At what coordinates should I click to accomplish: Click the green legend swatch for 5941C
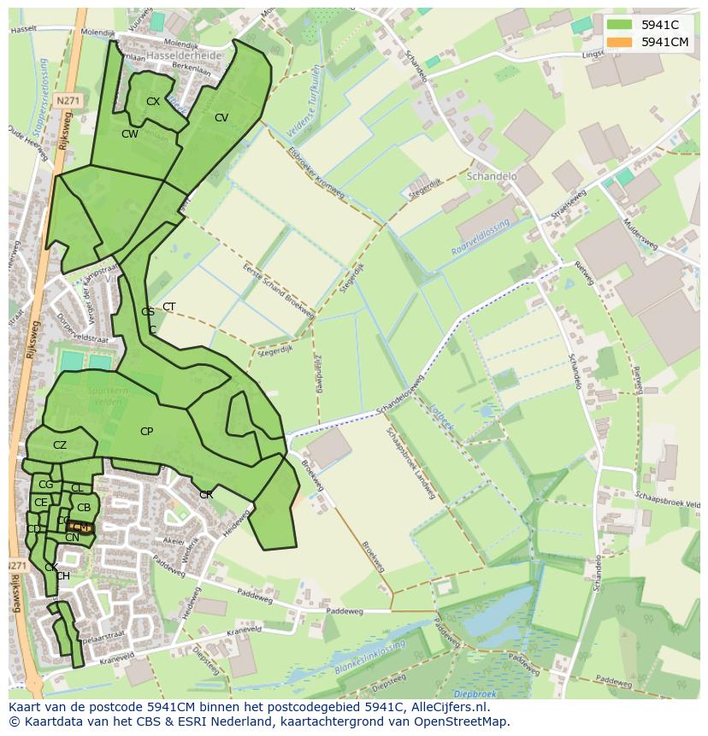click(x=620, y=25)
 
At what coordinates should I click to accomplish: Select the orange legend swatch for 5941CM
click(x=620, y=42)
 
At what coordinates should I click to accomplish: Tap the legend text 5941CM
click(x=666, y=42)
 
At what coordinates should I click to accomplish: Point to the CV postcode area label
click(x=221, y=118)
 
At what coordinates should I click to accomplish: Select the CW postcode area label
click(x=129, y=134)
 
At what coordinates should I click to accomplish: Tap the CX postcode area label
click(x=153, y=102)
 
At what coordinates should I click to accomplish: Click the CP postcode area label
click(x=146, y=432)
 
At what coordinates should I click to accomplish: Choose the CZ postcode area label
click(x=60, y=445)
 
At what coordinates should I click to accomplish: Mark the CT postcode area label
click(x=169, y=307)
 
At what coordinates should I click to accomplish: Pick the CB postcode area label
click(x=84, y=508)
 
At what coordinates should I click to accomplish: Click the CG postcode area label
click(x=45, y=485)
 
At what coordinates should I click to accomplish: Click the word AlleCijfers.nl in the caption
click(x=449, y=708)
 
